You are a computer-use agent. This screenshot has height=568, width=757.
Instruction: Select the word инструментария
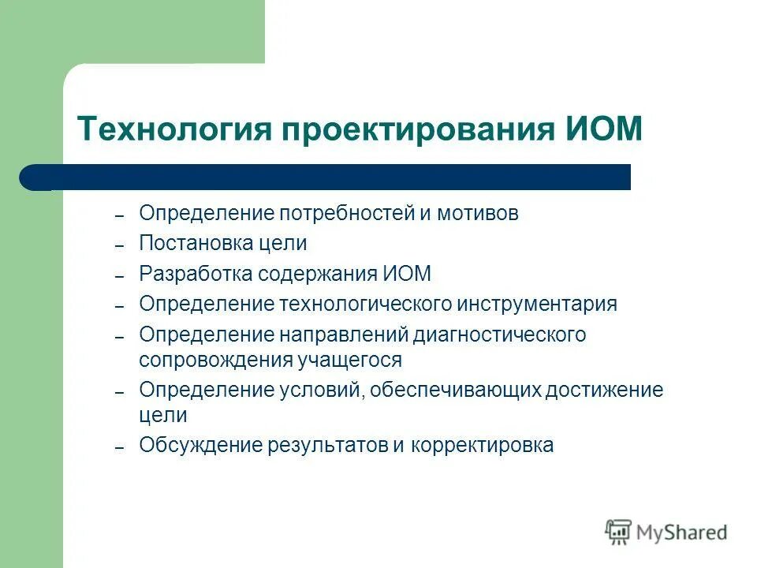click(x=536, y=304)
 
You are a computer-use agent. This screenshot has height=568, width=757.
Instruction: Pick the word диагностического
click(x=499, y=334)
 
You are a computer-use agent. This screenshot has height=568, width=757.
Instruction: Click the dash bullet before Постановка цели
click(x=120, y=247)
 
